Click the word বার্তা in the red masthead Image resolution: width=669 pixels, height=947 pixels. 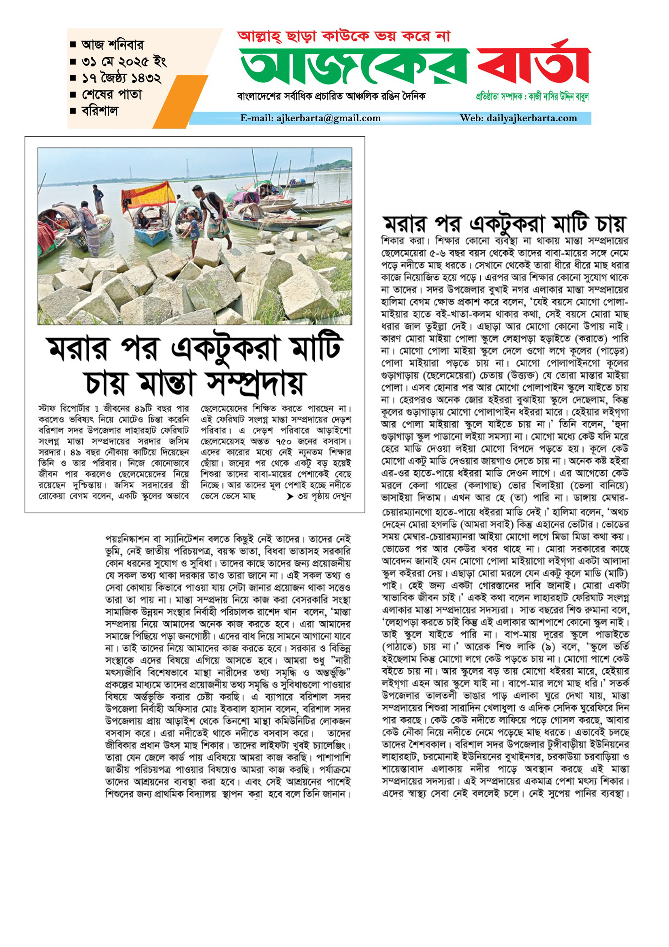click(534, 66)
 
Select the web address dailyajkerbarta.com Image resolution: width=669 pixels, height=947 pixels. click(532, 118)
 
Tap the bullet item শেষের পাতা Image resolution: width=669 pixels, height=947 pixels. click(111, 94)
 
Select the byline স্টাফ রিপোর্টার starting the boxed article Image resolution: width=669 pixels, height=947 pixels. click(64, 409)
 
